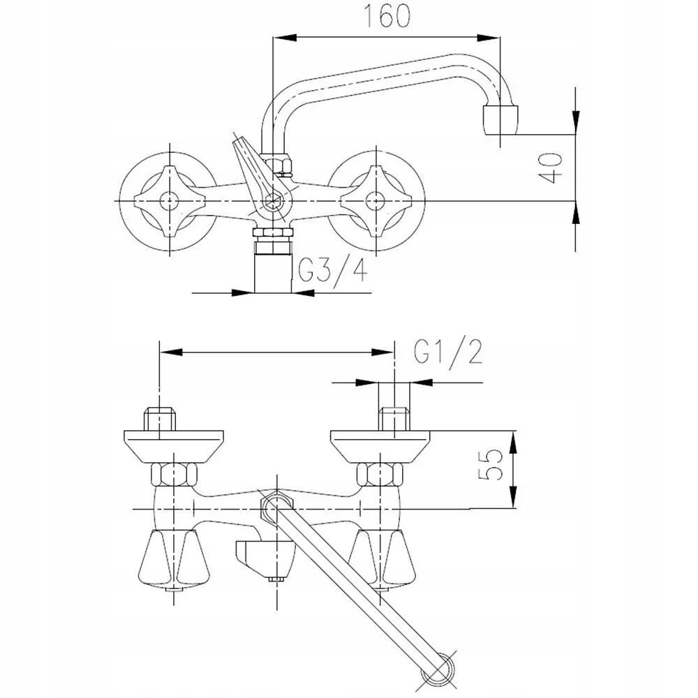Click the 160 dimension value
coord(387,16)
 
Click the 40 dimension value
coord(551,168)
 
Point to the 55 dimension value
coord(490,464)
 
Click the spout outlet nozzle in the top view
coord(500,120)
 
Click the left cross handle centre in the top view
coord(170,201)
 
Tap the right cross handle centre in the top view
coord(375,201)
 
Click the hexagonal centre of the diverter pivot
coord(271,201)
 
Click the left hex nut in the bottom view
coord(174,474)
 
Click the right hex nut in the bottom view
coord(380,474)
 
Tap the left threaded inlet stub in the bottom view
coord(159,419)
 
